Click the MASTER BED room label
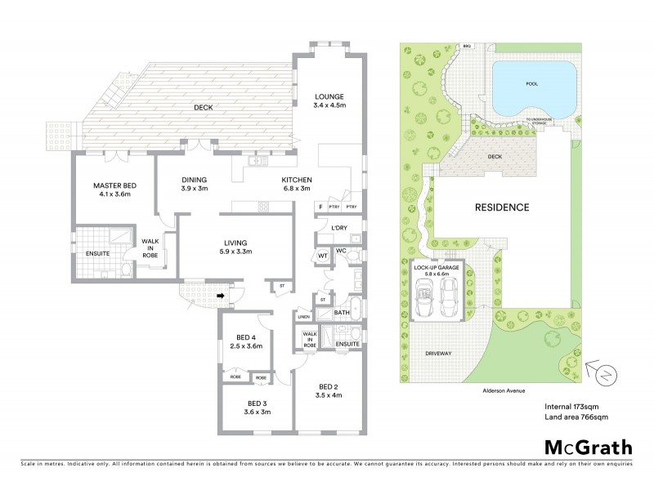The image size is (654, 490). (x=114, y=186)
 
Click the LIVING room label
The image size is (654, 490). (x=235, y=242)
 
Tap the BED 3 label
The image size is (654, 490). (x=258, y=403)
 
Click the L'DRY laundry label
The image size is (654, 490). (x=338, y=228)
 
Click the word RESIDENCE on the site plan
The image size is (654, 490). (x=503, y=207)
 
